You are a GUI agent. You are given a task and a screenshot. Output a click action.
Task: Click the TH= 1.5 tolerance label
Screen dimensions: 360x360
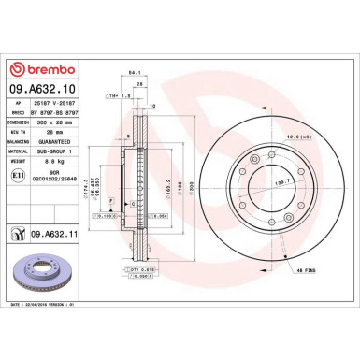[x=119, y=94]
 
